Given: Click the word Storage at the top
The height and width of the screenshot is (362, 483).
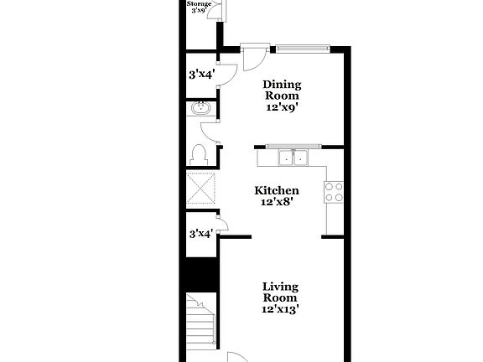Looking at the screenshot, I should click(x=199, y=4).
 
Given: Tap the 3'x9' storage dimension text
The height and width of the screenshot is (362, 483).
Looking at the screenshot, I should click(x=199, y=11).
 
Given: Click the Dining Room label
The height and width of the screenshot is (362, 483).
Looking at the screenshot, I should click(x=282, y=90).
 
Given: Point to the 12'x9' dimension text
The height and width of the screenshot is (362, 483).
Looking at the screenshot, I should click(x=282, y=107).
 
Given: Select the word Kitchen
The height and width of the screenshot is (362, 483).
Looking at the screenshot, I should click(x=277, y=191).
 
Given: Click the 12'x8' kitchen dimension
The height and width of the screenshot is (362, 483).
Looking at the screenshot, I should click(x=277, y=203).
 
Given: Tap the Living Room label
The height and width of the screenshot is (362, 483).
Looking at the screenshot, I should click(x=280, y=292).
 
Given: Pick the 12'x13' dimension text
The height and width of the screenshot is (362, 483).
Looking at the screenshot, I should click(x=280, y=309).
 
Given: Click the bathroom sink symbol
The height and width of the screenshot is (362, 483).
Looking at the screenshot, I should click(x=201, y=109).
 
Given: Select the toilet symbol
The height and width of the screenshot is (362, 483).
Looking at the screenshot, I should click(x=199, y=154).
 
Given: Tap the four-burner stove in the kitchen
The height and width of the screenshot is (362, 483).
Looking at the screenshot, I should click(x=334, y=193).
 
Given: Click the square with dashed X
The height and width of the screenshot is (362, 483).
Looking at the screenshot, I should click(x=201, y=188).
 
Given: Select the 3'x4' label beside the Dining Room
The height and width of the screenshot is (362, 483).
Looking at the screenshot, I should click(x=200, y=75).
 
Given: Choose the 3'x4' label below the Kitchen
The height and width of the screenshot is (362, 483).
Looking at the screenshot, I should click(x=200, y=234).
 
